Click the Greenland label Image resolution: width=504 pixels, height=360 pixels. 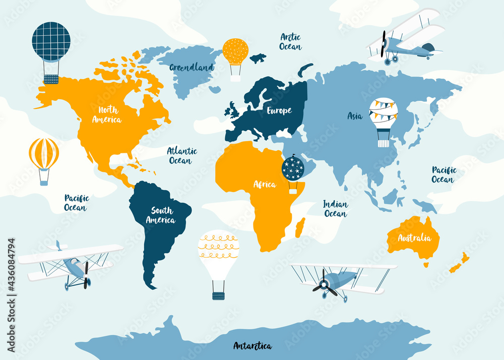[x=191, y=67]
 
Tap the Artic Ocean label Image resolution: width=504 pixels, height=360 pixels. [x=290, y=42]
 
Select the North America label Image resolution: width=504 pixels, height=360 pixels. [x=107, y=114]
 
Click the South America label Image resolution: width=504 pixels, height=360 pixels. [x=161, y=215]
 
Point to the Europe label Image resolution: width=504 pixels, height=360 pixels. [x=279, y=110]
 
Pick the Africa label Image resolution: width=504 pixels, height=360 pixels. [x=265, y=184]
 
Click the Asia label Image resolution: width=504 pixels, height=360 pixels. [x=355, y=116]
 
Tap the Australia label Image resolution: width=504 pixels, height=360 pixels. [x=414, y=238]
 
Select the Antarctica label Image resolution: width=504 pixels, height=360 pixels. [x=253, y=346]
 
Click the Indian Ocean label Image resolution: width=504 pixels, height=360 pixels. [x=335, y=209]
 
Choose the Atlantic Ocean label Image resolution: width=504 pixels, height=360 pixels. [x=182, y=155]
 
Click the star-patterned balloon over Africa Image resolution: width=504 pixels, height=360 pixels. [x=293, y=169]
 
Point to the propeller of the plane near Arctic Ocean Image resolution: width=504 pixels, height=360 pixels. [x=384, y=44]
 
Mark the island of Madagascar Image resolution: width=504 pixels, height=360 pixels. [x=300, y=227]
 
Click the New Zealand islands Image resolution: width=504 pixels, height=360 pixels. [x=460, y=263]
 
